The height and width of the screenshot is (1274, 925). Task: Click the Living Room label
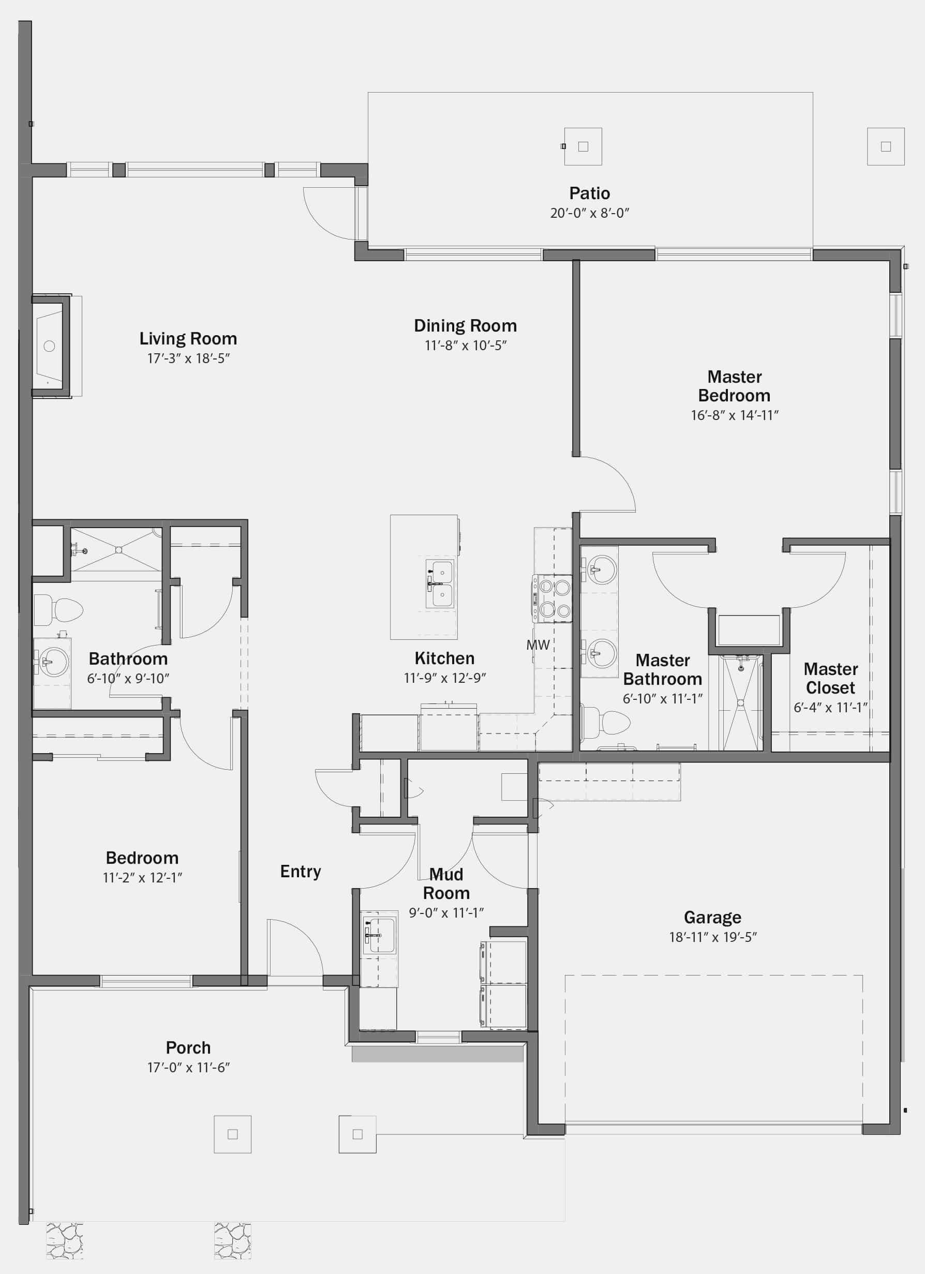pos(188,339)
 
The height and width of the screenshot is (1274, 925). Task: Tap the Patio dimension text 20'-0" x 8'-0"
pos(589,213)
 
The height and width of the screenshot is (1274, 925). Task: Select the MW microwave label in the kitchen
pos(538,645)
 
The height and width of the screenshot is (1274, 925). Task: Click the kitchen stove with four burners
pos(553,599)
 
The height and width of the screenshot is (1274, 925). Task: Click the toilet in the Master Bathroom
pos(605,723)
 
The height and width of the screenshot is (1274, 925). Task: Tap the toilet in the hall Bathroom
pos(58,610)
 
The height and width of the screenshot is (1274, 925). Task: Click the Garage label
pos(712,917)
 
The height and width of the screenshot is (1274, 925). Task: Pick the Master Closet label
pos(831,678)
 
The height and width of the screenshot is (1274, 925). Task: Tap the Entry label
pos(301,871)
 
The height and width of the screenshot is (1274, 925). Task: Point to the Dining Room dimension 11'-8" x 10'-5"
pos(465,346)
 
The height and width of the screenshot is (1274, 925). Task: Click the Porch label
pos(188,1047)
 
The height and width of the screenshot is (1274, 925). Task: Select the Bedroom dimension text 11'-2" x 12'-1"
pos(142,877)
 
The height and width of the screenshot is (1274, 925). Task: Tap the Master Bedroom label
pos(735,386)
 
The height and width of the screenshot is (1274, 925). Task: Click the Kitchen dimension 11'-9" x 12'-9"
pos(444,678)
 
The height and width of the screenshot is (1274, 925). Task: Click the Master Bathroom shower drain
pos(741,702)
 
